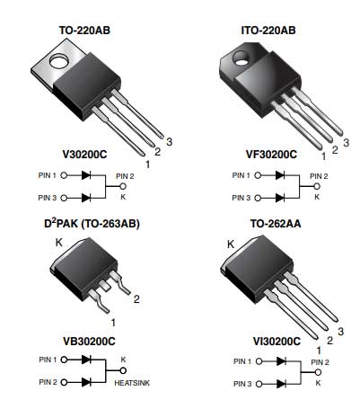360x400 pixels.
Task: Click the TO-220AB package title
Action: pos(84,31)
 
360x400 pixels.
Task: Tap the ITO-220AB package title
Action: pos(268,31)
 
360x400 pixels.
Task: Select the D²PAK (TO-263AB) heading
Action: pos(92,224)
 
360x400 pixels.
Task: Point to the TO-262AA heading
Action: pos(276,224)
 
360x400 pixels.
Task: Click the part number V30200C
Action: pos(84,155)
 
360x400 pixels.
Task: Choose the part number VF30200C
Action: pos(271,155)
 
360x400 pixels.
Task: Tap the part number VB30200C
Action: pos(89,342)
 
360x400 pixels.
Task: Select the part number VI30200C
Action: pos(277,342)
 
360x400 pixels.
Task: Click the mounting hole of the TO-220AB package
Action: pos(59,61)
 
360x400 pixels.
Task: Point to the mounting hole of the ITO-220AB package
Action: pos(241,58)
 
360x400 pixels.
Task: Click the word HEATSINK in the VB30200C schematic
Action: pos(132,383)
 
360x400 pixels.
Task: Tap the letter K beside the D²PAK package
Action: pos(59,243)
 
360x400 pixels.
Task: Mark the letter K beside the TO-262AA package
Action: pos(231,244)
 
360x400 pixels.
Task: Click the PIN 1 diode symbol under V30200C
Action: pos(86,175)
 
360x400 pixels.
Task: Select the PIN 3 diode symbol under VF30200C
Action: pos(280,198)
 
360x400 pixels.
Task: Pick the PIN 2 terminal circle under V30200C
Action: pos(123,186)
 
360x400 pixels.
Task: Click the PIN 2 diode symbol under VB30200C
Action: pos(86,382)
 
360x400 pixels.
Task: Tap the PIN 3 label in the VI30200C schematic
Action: pos(242,384)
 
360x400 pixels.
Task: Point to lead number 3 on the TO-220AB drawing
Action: pos(170,142)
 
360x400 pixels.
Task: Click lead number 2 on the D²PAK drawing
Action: pos(136,299)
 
